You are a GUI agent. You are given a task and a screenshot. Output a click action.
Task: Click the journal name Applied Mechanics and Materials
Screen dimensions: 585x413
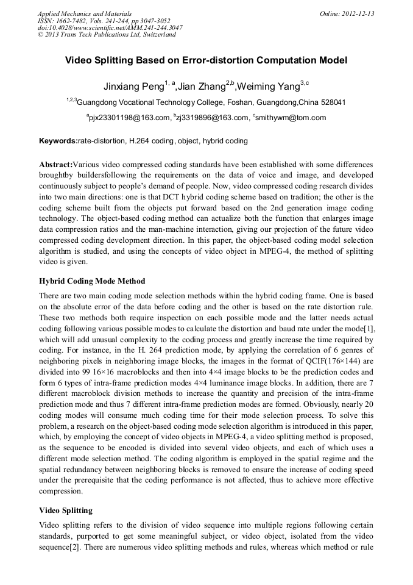tap(85, 13)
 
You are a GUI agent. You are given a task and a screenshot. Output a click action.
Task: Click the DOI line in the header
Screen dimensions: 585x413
tap(109, 27)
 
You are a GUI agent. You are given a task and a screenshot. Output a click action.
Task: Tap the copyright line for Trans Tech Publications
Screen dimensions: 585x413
tap(106, 35)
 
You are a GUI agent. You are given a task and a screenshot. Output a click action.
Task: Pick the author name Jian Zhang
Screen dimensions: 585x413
tap(201, 86)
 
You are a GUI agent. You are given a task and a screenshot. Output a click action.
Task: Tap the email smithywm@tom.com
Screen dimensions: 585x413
tap(292, 118)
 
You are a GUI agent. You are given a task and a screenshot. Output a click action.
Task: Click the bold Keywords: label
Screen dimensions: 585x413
tap(58, 141)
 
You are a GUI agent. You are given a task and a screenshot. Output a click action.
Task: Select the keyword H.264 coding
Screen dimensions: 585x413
tap(150, 141)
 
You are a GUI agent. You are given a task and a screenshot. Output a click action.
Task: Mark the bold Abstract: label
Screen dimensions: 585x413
tap(55, 165)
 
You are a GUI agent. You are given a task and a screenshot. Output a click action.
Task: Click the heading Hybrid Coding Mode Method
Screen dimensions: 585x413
tap(92, 281)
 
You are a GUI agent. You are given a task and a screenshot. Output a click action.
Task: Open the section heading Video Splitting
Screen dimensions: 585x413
tap(66, 510)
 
